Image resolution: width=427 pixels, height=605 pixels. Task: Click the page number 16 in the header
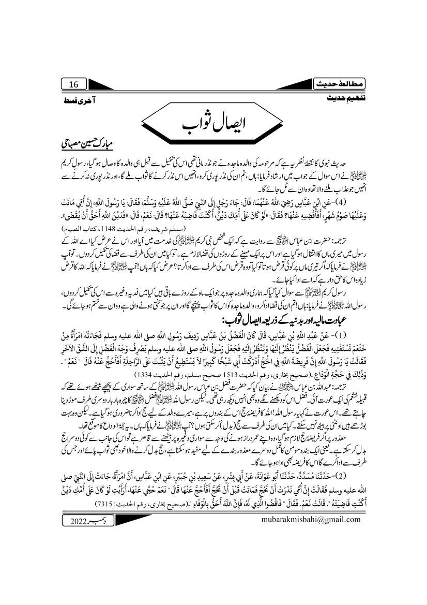tap(73, 84)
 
